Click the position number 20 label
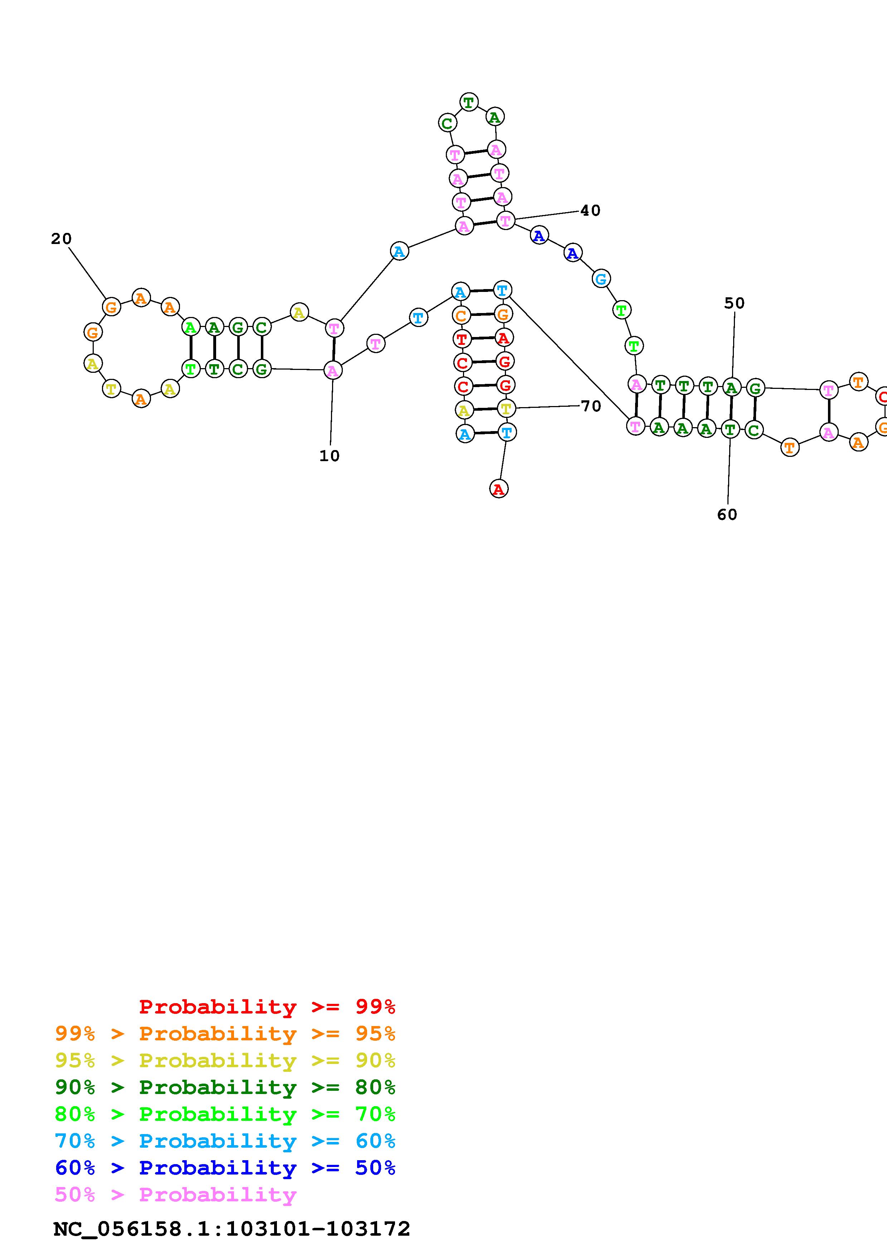[x=61, y=239]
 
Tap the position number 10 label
[x=329, y=456]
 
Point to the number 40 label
[x=590, y=210]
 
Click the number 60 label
[x=727, y=514]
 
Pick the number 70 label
[x=591, y=406]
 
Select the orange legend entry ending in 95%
[x=225, y=1033]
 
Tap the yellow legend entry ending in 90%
[x=225, y=1060]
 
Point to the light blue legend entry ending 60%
[x=225, y=1141]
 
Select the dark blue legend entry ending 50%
[x=225, y=1168]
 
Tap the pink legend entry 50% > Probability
[x=175, y=1194]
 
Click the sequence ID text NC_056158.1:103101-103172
[x=232, y=1229]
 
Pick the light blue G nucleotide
[x=601, y=279]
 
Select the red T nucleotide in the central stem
[x=462, y=339]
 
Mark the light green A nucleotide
[x=190, y=327]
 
